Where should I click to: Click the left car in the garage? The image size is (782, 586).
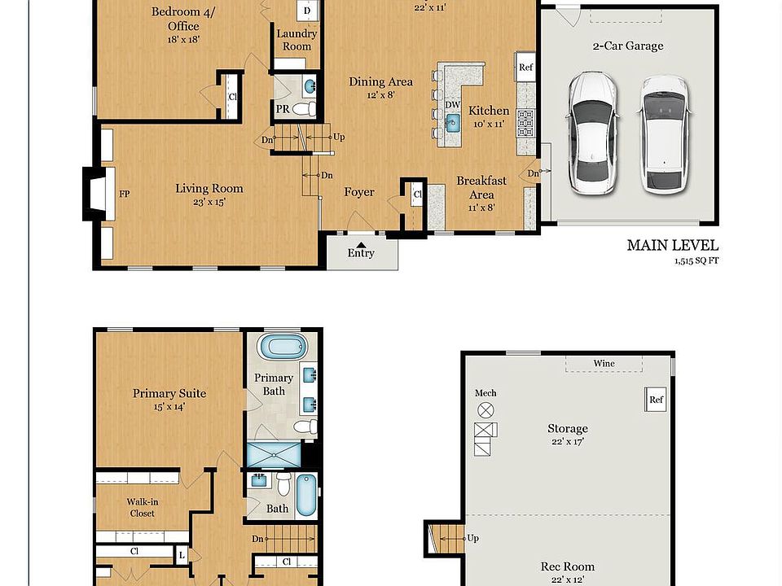(592, 133)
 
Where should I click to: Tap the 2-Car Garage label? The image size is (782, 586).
(627, 46)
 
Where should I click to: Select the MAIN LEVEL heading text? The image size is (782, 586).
(672, 245)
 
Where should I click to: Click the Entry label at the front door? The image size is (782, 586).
(361, 253)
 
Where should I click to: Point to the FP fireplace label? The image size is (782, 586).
(125, 195)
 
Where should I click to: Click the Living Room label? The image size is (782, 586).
(209, 189)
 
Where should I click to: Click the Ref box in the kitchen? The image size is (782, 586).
(526, 68)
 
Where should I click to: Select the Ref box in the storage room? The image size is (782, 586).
(657, 400)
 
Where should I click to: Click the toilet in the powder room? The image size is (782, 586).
(303, 108)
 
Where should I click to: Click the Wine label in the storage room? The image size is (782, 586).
(604, 364)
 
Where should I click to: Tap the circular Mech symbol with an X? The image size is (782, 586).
(486, 410)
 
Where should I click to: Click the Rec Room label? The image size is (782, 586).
(568, 566)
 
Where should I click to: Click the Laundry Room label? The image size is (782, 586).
(297, 40)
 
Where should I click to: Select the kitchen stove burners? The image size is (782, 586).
(526, 122)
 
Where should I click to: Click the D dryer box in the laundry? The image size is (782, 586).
(306, 11)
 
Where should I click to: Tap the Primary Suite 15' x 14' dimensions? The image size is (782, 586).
(169, 407)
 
